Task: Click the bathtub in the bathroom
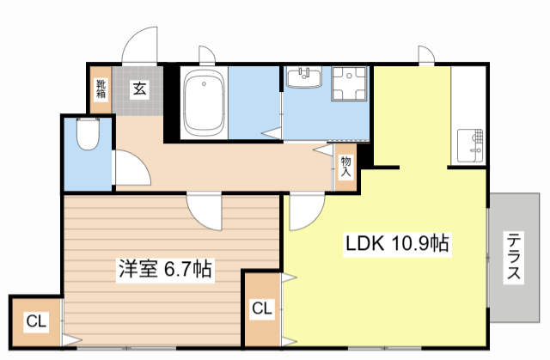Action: (x=205, y=105)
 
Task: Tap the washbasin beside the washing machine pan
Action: (x=303, y=79)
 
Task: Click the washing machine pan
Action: (x=349, y=86)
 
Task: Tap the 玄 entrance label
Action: (x=137, y=87)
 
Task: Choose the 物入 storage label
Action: (x=345, y=165)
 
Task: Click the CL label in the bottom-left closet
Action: (x=35, y=322)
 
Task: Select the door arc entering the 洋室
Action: (x=207, y=208)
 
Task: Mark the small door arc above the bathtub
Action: (x=206, y=54)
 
